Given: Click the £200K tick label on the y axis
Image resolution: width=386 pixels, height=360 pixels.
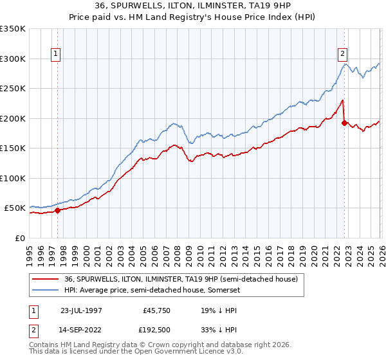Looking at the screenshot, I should pyautogui.click(x=13, y=118).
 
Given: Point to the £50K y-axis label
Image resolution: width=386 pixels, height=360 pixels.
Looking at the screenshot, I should pyautogui.click(x=15, y=208).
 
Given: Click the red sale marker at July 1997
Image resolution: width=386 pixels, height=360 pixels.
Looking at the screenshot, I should pyautogui.click(x=58, y=210).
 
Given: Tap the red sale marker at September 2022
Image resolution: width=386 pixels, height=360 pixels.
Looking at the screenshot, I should pyautogui.click(x=344, y=122).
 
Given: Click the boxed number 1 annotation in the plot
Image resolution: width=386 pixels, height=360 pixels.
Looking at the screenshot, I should pyautogui.click(x=57, y=55).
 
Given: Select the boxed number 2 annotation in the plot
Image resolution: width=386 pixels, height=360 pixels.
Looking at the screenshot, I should pyautogui.click(x=343, y=55).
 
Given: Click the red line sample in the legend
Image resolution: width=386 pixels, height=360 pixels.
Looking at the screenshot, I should pyautogui.click(x=46, y=280).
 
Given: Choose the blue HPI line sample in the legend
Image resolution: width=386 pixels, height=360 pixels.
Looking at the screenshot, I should pyautogui.click(x=46, y=290).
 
